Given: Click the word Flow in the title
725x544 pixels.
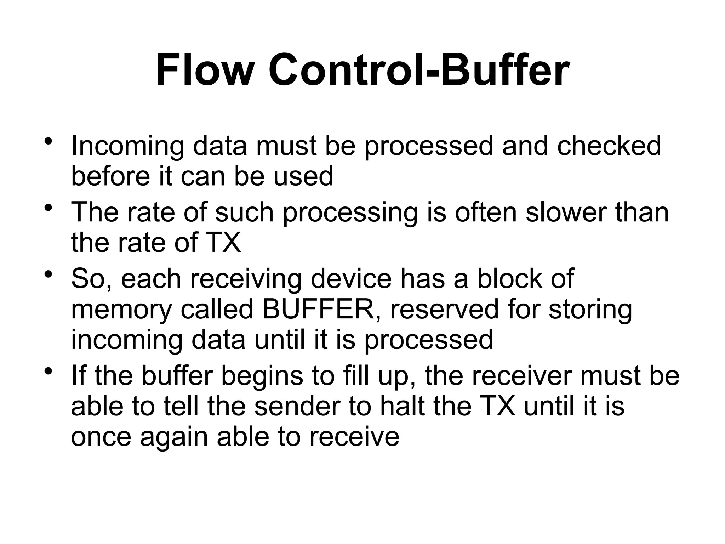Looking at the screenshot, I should pos(203,70).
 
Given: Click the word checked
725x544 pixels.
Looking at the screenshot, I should pos(609,146).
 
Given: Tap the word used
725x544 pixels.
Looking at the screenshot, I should pos(303,176).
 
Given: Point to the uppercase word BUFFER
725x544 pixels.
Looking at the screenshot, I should pos(318,309).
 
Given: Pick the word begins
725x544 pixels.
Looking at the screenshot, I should pos(262,376).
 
